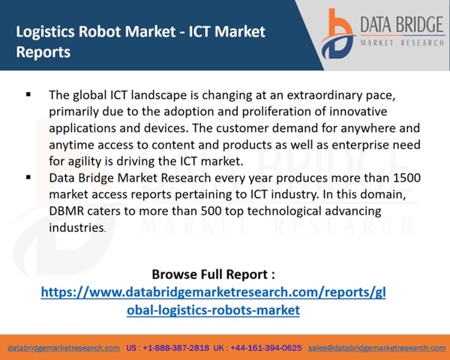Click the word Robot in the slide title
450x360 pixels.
click(97, 31)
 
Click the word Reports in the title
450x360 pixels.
click(43, 52)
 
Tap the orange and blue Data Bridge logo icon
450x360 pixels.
click(337, 34)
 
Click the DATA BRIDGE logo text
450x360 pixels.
click(402, 25)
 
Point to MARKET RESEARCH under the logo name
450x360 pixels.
click(402, 43)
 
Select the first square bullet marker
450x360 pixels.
click(28, 94)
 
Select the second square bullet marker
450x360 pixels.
click(28, 178)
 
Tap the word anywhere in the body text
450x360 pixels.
click(368, 128)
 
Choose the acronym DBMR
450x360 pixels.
click(66, 211)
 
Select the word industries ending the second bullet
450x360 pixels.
click(76, 228)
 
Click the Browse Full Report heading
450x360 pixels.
click(213, 274)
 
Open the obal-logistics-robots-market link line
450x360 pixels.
click(213, 310)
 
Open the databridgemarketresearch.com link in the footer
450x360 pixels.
click(64, 348)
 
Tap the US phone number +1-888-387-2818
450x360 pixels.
click(176, 348)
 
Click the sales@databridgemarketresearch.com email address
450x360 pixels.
click(377, 348)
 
